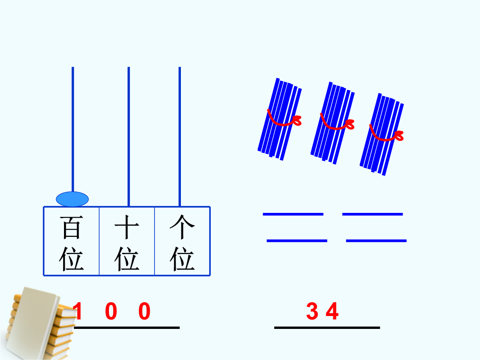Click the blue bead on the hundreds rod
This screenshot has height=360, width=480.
pyautogui.click(x=72, y=199)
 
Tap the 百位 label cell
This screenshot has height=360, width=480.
pyautogui.click(x=71, y=241)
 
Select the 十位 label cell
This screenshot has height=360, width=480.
pyautogui.click(x=127, y=241)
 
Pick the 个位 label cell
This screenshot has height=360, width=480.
pyautogui.click(x=182, y=241)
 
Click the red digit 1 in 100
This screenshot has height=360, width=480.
pyautogui.click(x=78, y=311)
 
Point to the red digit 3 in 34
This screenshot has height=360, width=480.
pyautogui.click(x=312, y=311)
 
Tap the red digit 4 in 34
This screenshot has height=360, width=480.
pyautogui.click(x=332, y=311)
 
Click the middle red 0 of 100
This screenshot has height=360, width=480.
pyautogui.click(x=111, y=311)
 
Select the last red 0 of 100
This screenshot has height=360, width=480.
pyautogui.click(x=144, y=311)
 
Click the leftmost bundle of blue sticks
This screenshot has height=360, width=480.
pyautogui.click(x=280, y=119)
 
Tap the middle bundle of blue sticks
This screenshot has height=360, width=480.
pyautogui.click(x=333, y=123)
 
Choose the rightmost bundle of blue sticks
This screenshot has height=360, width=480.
pyautogui.click(x=382, y=134)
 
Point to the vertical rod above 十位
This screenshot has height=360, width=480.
pyautogui.click(x=128, y=136)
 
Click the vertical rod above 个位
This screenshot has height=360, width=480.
pyautogui.click(x=180, y=136)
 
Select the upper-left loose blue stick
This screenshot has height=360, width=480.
pyautogui.click(x=293, y=214)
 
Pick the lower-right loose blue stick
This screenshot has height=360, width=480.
pyautogui.click(x=376, y=241)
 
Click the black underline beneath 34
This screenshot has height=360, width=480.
pyautogui.click(x=327, y=328)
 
